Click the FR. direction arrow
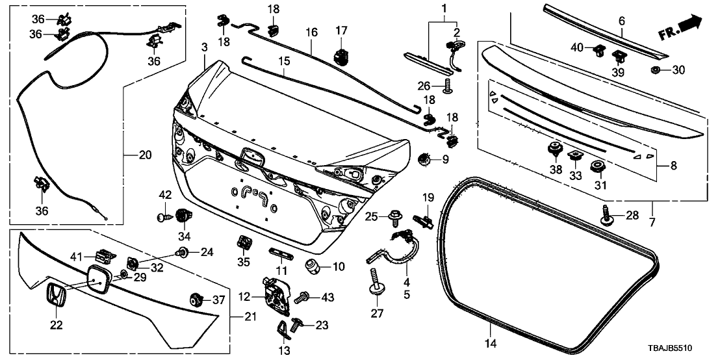[x=683, y=26]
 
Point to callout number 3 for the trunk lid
[x=204, y=47]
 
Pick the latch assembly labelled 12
[x=275, y=295]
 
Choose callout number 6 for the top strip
[x=622, y=21]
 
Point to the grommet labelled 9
[x=424, y=158]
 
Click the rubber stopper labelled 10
[x=314, y=265]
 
